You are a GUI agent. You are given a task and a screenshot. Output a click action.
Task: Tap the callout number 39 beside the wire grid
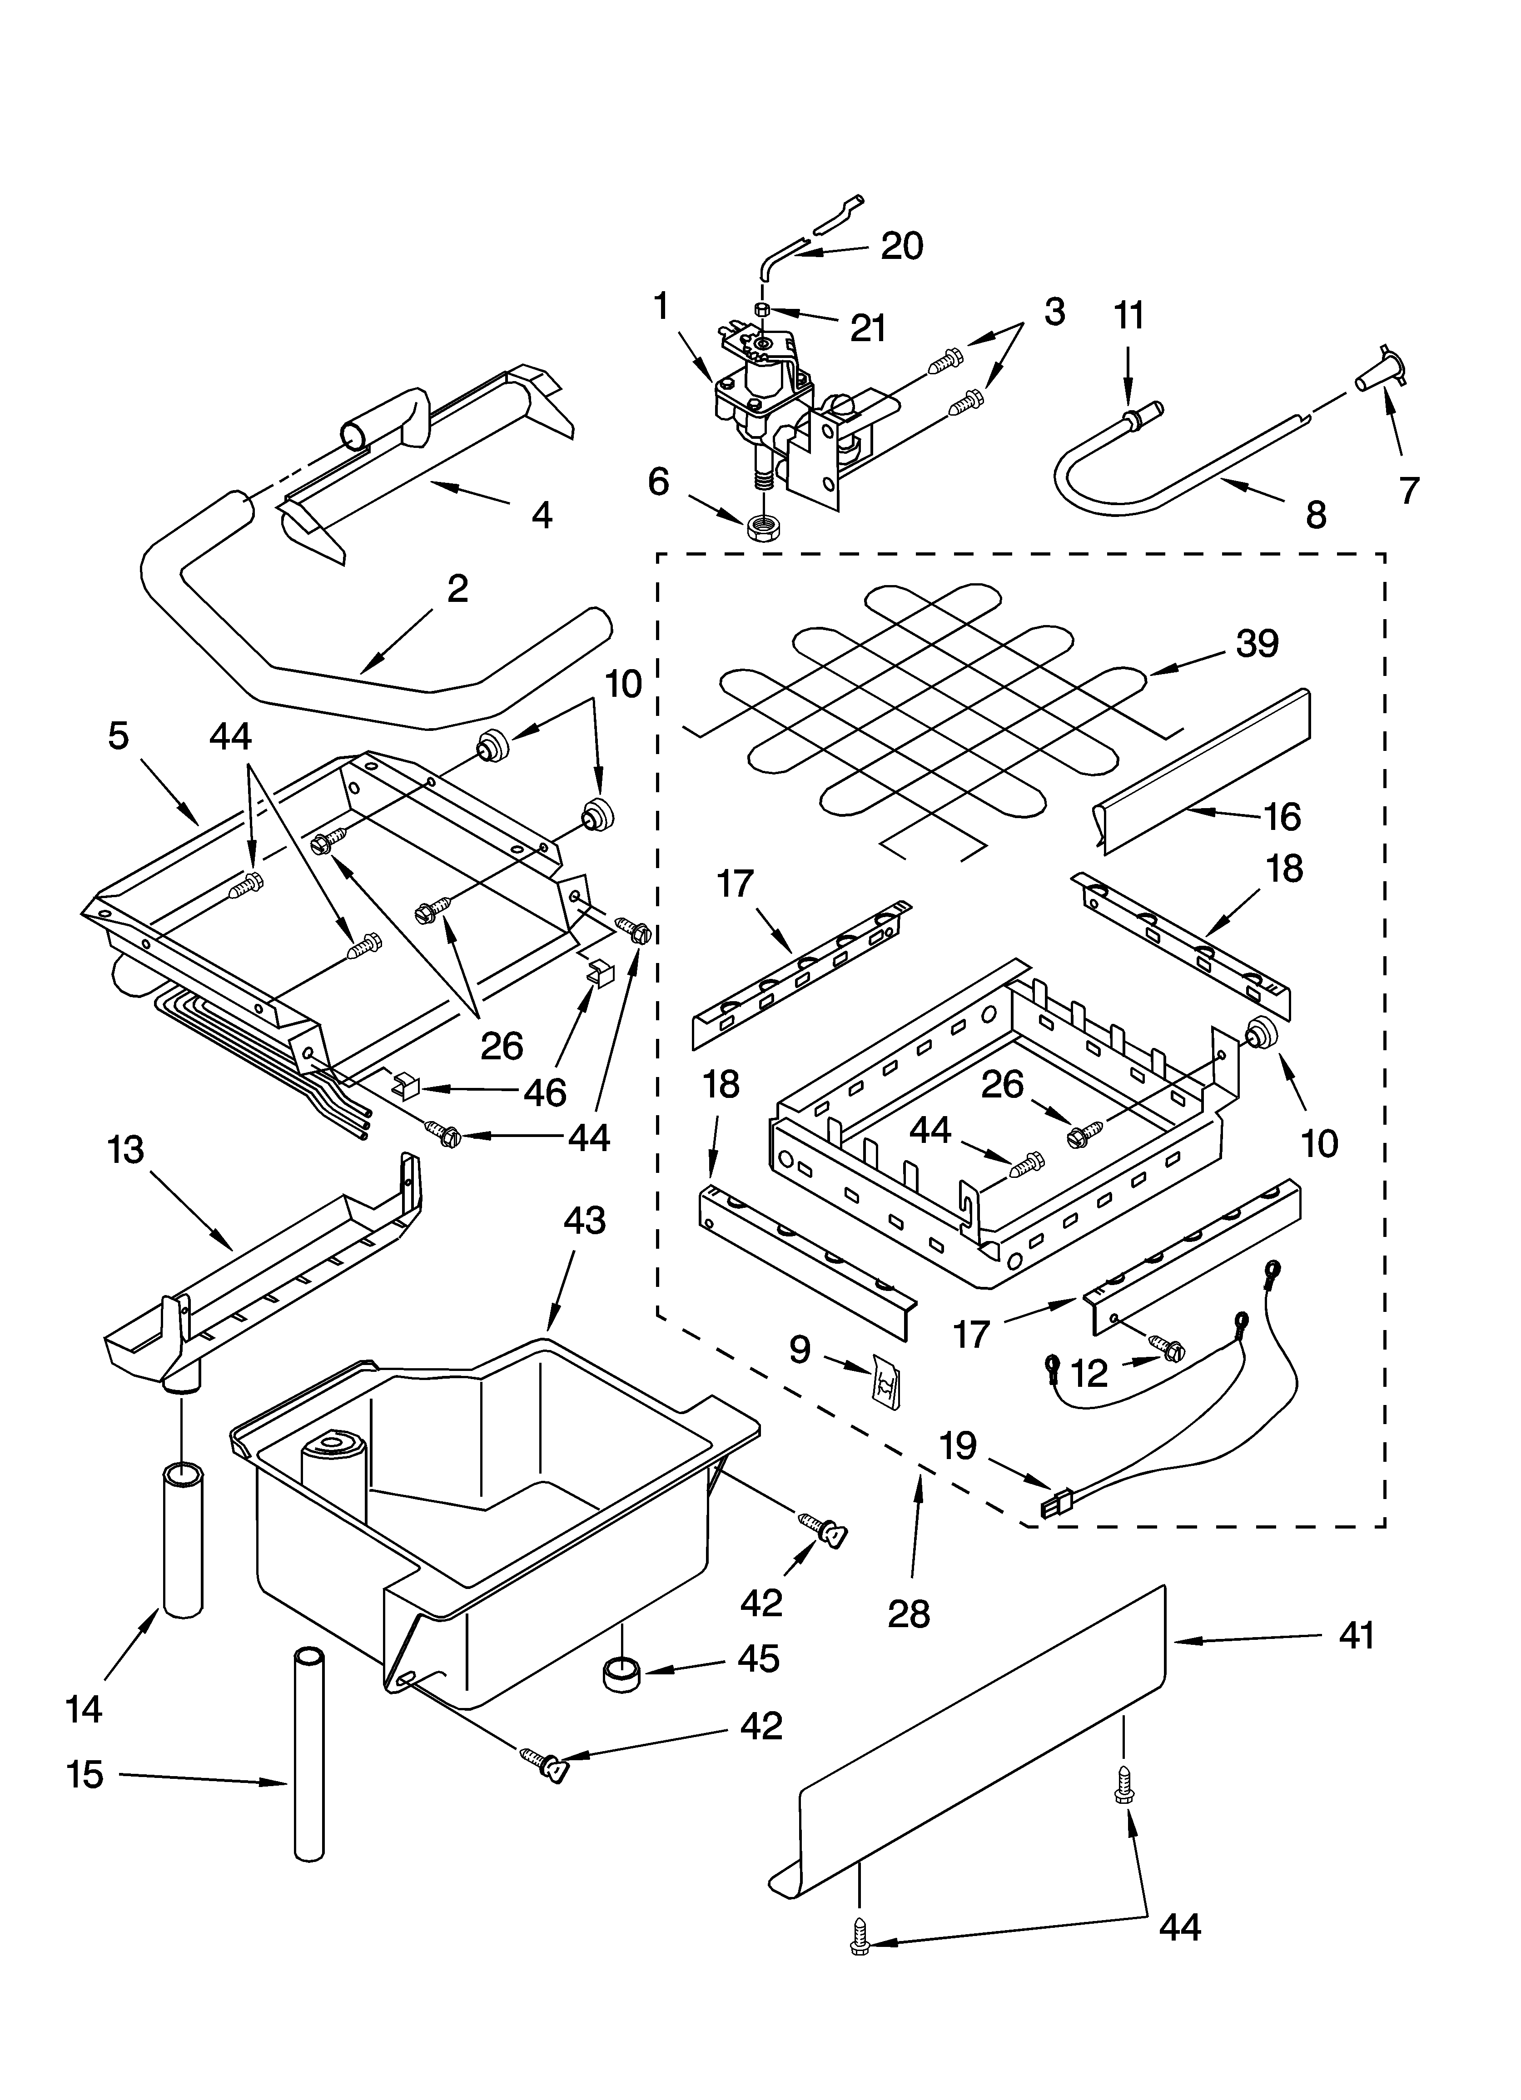[x=1257, y=644]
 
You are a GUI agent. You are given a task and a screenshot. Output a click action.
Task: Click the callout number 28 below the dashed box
[x=908, y=1614]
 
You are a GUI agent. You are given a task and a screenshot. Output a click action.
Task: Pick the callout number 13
[x=125, y=1150]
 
